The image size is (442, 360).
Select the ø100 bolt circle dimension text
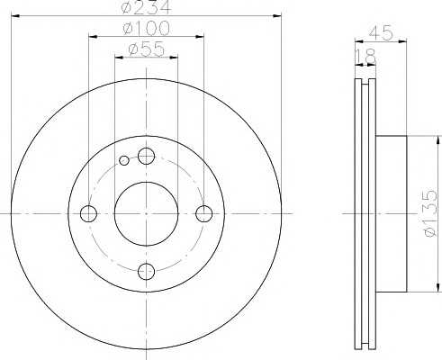pyautogui.click(x=147, y=28)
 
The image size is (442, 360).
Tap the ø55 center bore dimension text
pyautogui.click(x=147, y=49)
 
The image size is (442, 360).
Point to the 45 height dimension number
pyautogui.click(x=381, y=32)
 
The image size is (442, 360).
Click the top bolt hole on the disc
pyautogui.click(x=146, y=156)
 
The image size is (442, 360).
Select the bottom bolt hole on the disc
pyautogui.click(x=146, y=272)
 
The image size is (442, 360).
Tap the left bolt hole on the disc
pyautogui.click(x=88, y=213)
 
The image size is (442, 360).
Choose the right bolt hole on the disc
pyautogui.click(x=204, y=213)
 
